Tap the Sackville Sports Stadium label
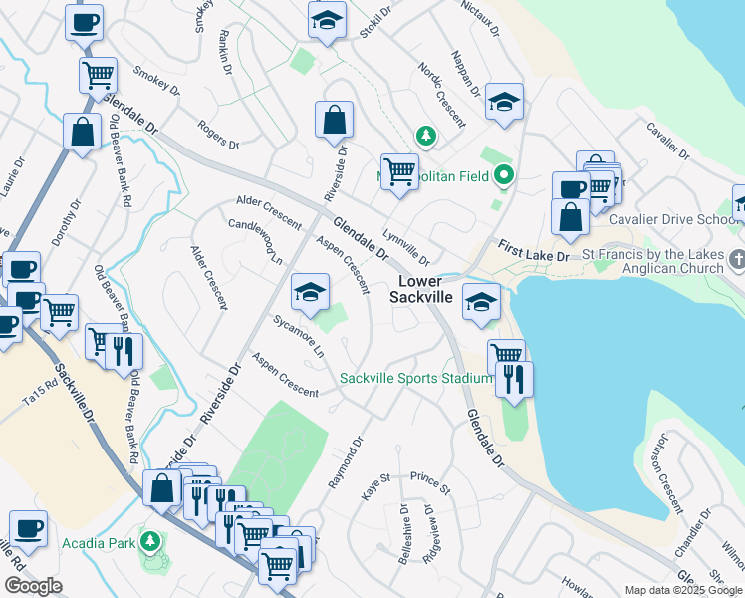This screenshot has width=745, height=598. pos(415,378)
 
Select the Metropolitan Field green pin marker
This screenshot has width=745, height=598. pos(504,176)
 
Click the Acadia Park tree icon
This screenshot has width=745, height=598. pos(150,541)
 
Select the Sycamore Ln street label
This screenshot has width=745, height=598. pos(299,337)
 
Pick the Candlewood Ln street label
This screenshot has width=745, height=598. pos(256,241)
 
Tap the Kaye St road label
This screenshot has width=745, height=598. pos(375,490)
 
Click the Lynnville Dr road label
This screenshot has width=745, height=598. pos(405,246)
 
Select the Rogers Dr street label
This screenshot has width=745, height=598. pos(218,136)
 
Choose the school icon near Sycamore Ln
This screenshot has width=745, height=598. pos(311,294)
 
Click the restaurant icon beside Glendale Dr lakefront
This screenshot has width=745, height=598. pos(514,380)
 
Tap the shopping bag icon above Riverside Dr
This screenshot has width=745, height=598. pos(335,121)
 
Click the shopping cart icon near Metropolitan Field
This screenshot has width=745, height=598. pos(399,171)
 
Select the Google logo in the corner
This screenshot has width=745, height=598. pos(32,586)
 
